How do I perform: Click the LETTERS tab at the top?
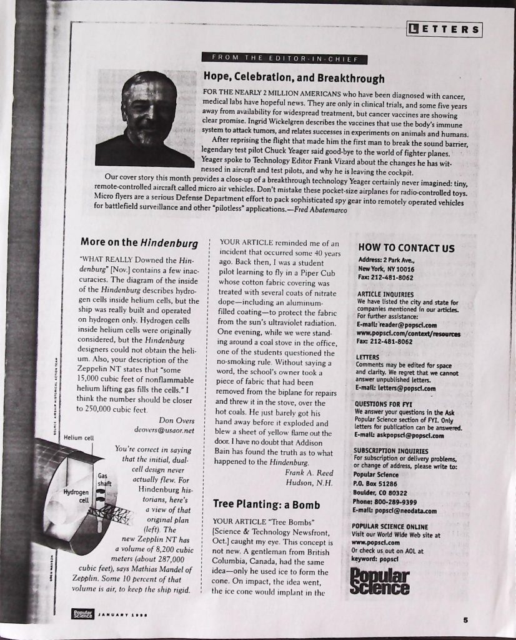(x=444, y=29)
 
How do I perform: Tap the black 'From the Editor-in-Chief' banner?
(x=284, y=59)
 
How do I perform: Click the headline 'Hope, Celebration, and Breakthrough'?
(x=294, y=78)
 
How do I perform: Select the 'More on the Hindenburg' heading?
(x=139, y=242)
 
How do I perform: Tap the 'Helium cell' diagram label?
(x=79, y=437)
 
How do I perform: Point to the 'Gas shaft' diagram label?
(x=104, y=479)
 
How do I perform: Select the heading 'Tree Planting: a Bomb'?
(x=266, y=504)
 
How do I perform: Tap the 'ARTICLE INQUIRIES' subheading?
(x=385, y=294)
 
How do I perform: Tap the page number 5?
(x=465, y=620)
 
